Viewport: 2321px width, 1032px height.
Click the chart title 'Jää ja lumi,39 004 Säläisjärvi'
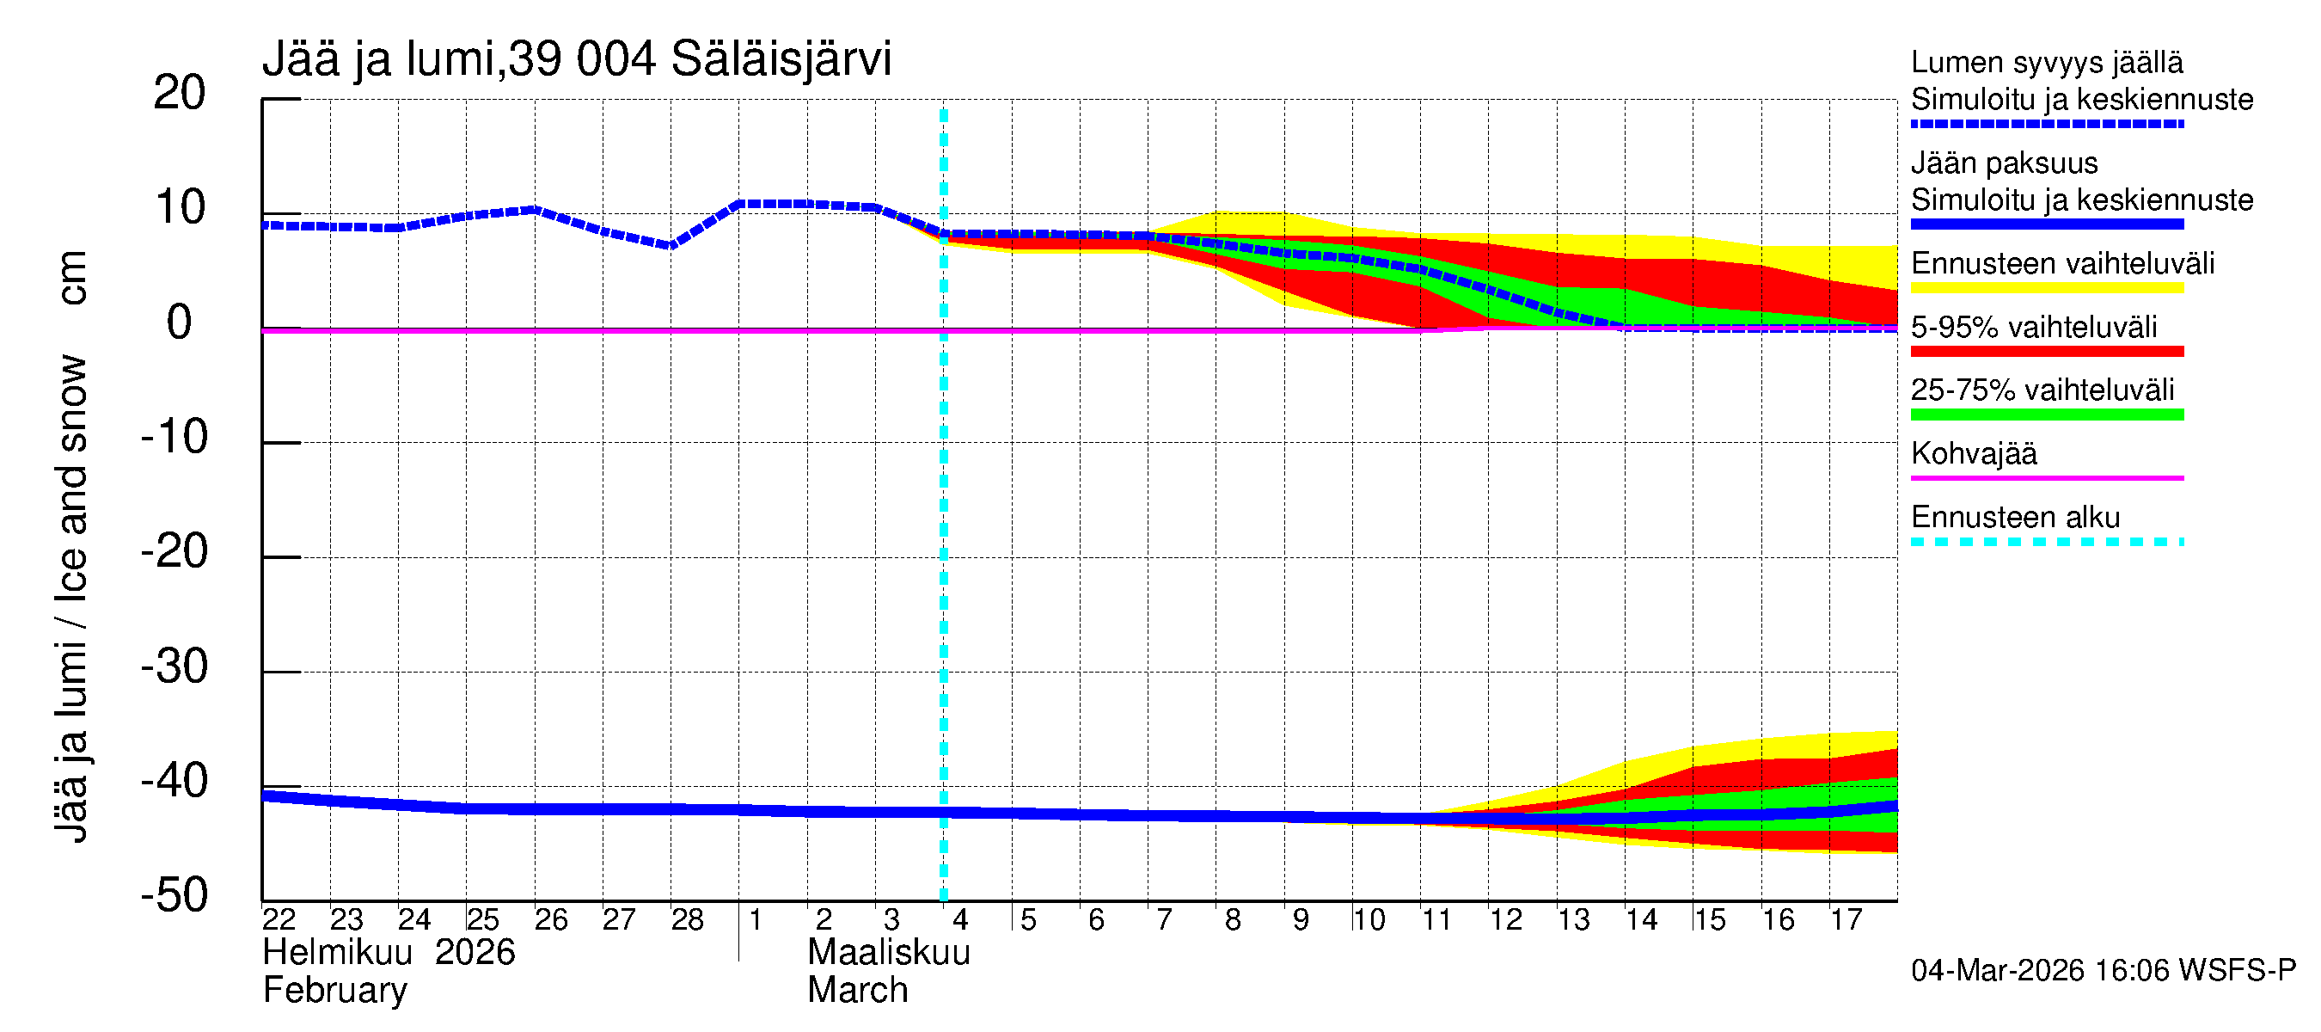[577, 59]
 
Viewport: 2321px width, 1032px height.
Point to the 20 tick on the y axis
[180, 93]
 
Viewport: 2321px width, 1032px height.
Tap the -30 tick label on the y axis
[175, 667]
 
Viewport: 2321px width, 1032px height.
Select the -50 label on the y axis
[175, 896]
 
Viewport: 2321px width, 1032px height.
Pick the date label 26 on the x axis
[550, 920]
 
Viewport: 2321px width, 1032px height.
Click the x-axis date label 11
[1436, 920]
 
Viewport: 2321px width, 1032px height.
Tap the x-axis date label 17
[1846, 920]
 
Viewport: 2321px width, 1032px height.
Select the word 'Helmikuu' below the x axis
[337, 953]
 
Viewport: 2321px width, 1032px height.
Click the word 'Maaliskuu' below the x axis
[888, 953]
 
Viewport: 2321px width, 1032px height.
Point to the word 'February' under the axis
[334, 991]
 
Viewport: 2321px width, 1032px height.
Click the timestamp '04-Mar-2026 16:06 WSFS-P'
[2103, 971]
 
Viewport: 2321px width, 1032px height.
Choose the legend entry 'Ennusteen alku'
[2016, 519]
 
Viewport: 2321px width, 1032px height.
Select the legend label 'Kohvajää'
[1973, 454]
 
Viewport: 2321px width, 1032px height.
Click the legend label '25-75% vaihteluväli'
[2042, 390]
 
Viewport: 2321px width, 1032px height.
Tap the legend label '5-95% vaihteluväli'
[2034, 327]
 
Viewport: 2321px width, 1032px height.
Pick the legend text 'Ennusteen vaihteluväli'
[2062, 264]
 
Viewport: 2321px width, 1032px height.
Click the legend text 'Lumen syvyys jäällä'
[2047, 63]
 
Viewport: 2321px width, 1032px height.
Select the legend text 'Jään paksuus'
[2004, 164]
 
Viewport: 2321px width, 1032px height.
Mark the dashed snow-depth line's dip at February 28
[671, 245]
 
